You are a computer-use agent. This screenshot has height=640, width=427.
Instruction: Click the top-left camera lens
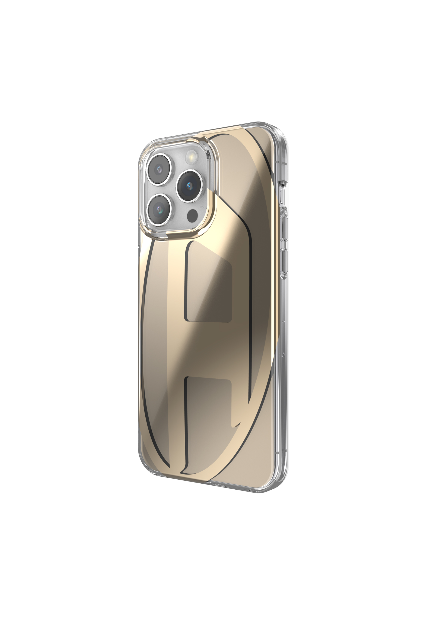tap(159, 170)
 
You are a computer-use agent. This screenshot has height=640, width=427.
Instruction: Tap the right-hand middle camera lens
tap(189, 186)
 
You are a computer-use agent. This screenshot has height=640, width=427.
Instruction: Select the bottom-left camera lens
tap(159, 209)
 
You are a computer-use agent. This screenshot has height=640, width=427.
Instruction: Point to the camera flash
tap(191, 157)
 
